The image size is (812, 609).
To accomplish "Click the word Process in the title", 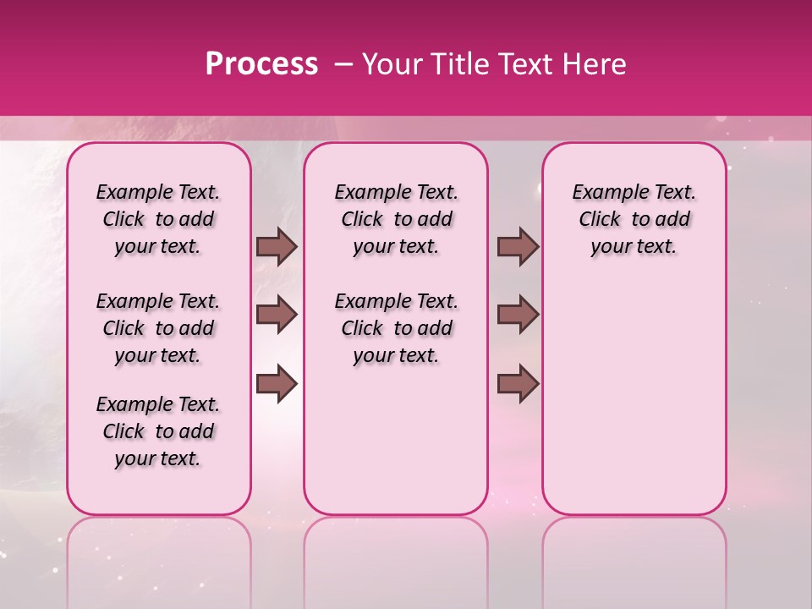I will pos(261,64).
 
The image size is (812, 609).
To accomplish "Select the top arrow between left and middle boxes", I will pos(277,246).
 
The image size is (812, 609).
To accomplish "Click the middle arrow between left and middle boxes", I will pos(277,315).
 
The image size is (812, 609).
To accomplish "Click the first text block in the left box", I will pos(158,219).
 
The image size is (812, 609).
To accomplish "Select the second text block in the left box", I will pos(158,328).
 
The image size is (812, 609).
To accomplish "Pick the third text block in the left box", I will pos(158,431).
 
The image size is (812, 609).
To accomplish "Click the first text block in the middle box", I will pos(396,219).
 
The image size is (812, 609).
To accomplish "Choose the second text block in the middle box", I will pos(396,328).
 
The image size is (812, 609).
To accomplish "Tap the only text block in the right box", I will pos(634,219).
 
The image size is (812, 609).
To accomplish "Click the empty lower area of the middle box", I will pos(396,440).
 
